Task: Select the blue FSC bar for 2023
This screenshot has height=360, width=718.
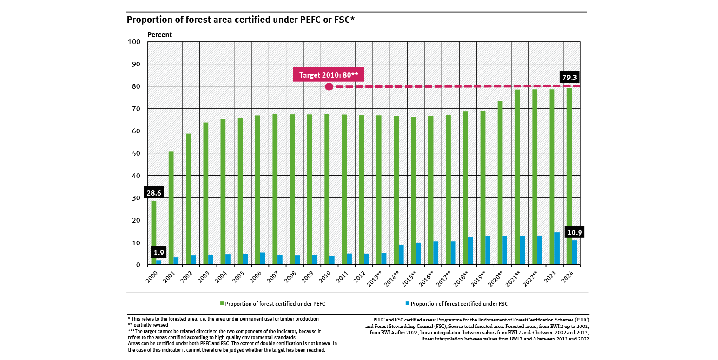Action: (x=557, y=249)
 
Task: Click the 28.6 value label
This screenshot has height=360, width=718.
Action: (x=154, y=192)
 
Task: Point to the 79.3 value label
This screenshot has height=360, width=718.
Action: (x=569, y=77)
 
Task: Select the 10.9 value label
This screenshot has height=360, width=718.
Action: (x=574, y=231)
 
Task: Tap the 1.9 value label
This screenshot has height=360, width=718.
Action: (x=158, y=253)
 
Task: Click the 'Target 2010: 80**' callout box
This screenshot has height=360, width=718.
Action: (x=328, y=74)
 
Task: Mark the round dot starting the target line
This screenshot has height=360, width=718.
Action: (x=329, y=86)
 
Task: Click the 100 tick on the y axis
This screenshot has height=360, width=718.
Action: (x=134, y=42)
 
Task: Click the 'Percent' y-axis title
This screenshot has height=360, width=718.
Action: (x=159, y=35)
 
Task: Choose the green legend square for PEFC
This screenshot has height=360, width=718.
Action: (x=222, y=304)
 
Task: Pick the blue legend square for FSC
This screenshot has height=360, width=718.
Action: (x=408, y=304)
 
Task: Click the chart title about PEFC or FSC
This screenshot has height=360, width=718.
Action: (x=241, y=20)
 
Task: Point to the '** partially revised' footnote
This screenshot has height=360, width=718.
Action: (x=148, y=325)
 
